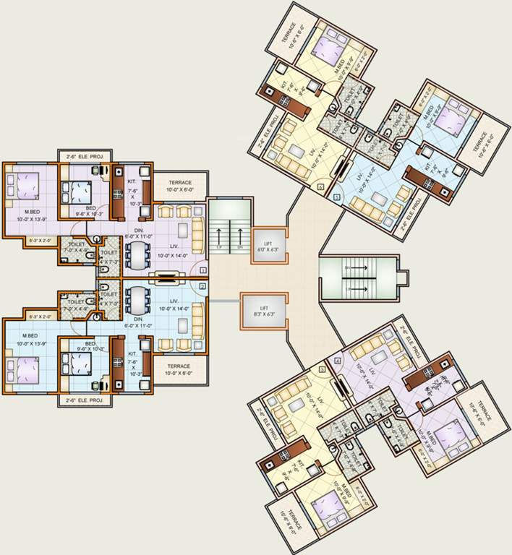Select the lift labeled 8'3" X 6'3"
[x=264, y=310]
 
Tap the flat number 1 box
[x=203, y=270]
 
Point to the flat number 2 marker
[x=203, y=286]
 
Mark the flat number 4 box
[x=338, y=360]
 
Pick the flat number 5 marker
[x=336, y=197]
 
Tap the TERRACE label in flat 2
[x=179, y=366]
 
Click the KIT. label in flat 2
[x=132, y=354]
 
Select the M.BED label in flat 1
[x=30, y=212]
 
